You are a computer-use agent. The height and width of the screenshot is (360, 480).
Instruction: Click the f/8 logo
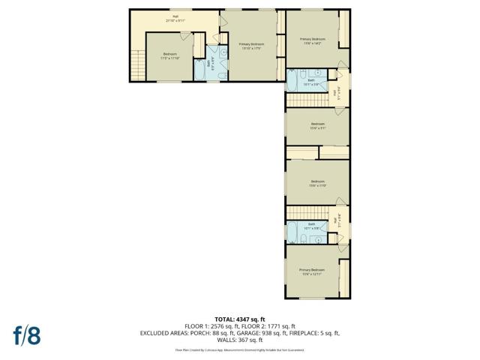click(25, 335)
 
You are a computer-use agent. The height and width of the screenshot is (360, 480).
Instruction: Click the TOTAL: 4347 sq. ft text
click(240, 320)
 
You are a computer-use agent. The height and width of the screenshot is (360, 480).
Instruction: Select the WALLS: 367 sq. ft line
click(240, 339)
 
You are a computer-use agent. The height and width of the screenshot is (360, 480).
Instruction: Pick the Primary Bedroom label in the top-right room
click(312, 40)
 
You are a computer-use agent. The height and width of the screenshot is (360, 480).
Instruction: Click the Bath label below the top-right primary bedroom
click(311, 81)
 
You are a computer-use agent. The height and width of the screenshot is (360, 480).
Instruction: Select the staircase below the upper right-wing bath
click(304, 100)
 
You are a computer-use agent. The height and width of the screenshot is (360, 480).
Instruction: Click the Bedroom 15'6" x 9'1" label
click(317, 125)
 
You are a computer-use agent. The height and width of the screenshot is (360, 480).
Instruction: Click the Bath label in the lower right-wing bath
click(311, 225)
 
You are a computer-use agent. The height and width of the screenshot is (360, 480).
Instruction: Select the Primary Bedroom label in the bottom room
click(312, 271)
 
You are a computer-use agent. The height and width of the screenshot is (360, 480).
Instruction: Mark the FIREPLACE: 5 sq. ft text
click(316, 332)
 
